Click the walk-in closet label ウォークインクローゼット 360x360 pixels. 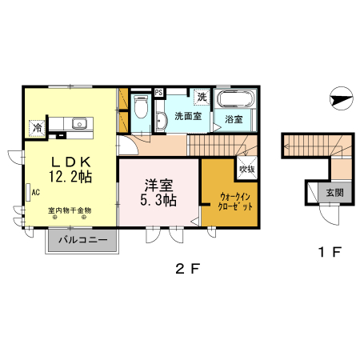coord(237,200)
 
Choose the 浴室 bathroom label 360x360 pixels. coord(234,120)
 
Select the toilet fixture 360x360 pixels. coord(142,109)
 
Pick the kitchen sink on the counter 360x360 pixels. coord(79,123)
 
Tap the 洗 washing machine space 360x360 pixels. coord(202,98)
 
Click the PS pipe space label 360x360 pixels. coord(158,91)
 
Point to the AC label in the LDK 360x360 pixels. coord(36,191)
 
